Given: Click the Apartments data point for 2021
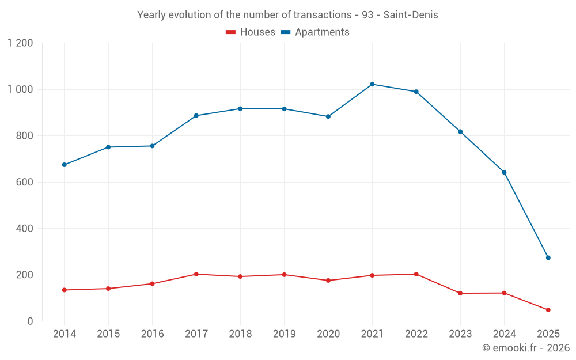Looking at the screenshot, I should point(372,84).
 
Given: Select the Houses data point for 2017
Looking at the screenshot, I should point(196,274).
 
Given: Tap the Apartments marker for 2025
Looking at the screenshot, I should point(548,257).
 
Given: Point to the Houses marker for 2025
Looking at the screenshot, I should point(548,310).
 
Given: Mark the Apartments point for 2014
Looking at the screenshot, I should point(64,165).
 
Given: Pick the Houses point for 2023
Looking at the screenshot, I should point(460,293).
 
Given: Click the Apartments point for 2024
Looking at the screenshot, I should point(504,172).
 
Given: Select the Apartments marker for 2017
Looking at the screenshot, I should point(196,116).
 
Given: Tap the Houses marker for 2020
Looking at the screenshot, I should point(328,281).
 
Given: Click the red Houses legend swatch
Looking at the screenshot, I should point(230,32).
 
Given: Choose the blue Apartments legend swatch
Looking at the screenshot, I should point(285,32).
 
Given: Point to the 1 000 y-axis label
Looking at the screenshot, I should point(20,89).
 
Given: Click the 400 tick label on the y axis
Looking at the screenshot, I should point(25,229).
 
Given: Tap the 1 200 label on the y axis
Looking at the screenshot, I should point(20,43).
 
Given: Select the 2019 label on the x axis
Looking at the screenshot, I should point(284,334).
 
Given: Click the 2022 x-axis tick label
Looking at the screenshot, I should point(416,334).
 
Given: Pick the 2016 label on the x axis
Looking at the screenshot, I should point(152,334).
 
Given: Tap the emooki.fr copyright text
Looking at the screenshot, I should point(526,348).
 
